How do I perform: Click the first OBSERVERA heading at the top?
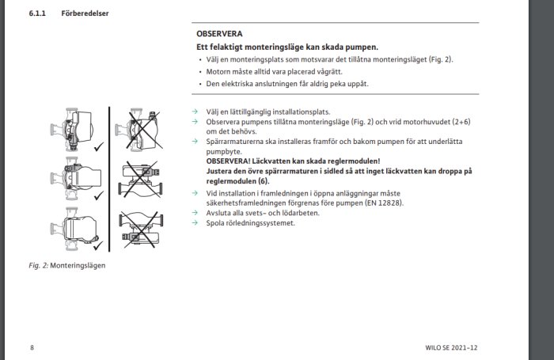click(x=219, y=34)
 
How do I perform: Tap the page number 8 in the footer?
click(x=32, y=347)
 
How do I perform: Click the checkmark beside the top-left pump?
click(x=98, y=146)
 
